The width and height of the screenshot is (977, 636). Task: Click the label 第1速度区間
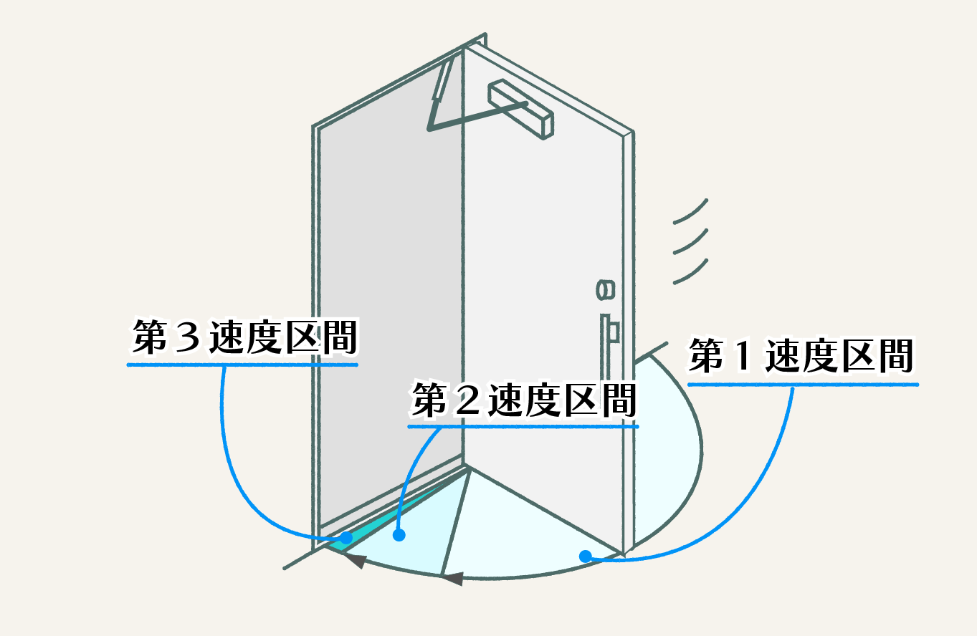(x=801, y=357)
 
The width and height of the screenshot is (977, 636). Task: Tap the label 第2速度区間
(x=523, y=401)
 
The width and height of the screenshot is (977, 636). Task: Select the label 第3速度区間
(x=244, y=337)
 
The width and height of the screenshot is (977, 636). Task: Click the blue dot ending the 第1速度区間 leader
(x=585, y=556)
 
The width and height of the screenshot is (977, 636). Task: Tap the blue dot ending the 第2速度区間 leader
(x=399, y=534)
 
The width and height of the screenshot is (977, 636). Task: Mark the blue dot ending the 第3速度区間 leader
(x=346, y=537)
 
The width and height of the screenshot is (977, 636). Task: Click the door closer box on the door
(x=520, y=108)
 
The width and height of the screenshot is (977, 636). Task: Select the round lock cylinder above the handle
(x=605, y=289)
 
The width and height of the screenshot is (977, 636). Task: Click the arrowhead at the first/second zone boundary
(x=451, y=577)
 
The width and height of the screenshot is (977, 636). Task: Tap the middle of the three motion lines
(x=691, y=241)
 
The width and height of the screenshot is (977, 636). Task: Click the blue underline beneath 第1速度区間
(x=803, y=385)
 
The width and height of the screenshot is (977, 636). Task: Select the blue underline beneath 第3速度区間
(x=242, y=365)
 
